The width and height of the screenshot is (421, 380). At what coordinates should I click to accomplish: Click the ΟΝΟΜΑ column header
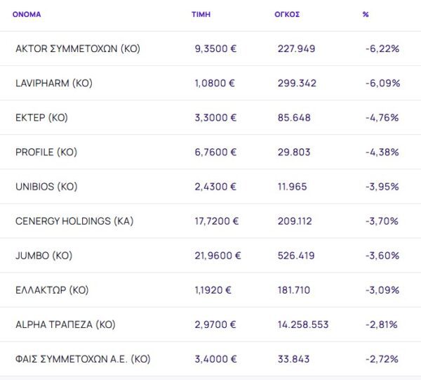(x=27, y=14)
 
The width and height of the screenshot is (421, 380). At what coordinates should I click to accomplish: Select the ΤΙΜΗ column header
(x=201, y=14)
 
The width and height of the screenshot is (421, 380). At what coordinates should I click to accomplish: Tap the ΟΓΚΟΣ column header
(x=287, y=14)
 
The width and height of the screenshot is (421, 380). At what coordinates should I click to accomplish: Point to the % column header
(x=366, y=14)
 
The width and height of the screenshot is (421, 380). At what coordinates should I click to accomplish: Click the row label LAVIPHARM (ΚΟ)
(x=54, y=83)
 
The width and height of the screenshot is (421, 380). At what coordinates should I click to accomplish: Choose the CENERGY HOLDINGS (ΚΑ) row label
(x=74, y=221)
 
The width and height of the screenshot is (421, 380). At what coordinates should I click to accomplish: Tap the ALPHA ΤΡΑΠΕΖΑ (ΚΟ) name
(x=65, y=325)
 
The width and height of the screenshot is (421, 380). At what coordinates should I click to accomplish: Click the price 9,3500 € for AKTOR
(x=215, y=48)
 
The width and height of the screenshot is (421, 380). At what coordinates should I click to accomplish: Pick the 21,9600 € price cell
(x=218, y=256)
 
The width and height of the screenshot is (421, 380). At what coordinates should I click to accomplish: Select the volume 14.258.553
(x=303, y=325)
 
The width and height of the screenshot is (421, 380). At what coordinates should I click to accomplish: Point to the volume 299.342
(x=297, y=83)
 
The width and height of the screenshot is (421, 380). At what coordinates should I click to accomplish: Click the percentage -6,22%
(x=382, y=48)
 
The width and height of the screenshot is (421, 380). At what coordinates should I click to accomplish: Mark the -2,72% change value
(x=382, y=359)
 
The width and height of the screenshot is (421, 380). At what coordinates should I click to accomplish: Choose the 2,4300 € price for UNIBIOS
(x=215, y=187)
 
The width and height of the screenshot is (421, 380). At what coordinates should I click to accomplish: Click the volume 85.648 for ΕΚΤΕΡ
(x=294, y=117)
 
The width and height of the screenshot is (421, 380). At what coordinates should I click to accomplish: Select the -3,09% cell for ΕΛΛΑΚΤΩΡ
(x=382, y=290)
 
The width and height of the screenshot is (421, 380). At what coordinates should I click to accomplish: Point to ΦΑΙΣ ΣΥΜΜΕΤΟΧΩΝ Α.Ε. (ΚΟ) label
(x=83, y=359)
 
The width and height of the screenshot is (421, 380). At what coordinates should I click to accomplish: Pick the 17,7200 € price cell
(x=217, y=221)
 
